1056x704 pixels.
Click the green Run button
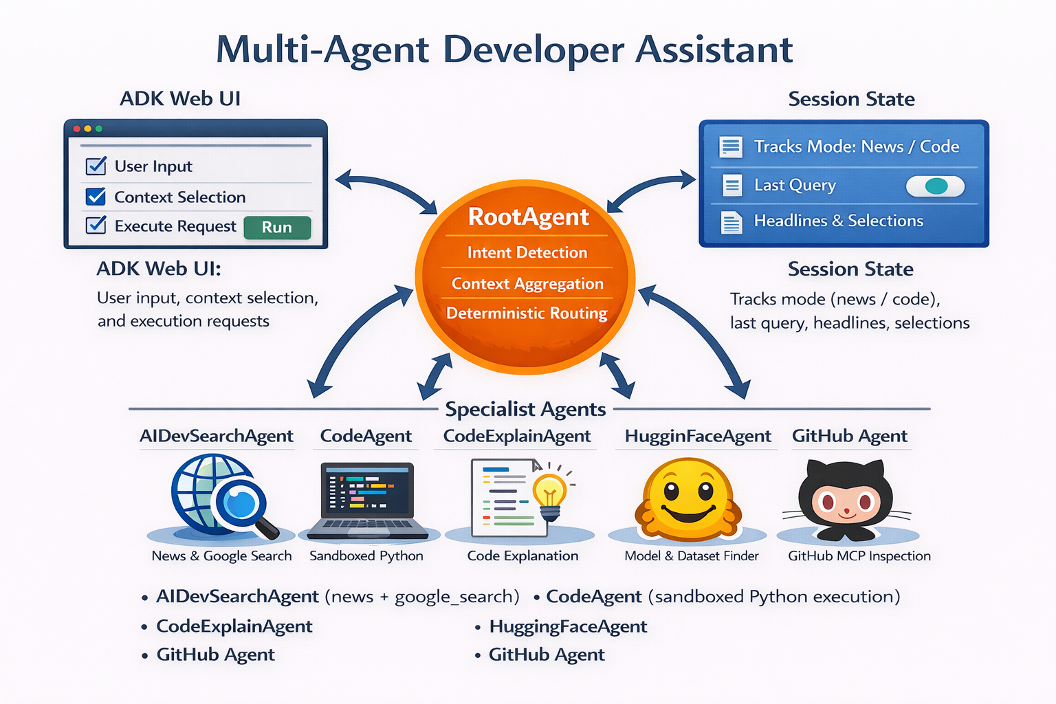coord(277,228)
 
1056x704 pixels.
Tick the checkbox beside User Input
coord(96,166)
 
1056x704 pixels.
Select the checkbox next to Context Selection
coord(96,197)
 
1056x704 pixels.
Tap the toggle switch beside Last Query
coord(935,186)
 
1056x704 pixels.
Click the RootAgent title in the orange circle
coord(528,217)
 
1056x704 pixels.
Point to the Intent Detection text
coord(527,253)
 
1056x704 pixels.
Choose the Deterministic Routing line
coord(527,313)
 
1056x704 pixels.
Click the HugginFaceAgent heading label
coord(697,437)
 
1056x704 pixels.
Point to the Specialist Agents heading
coord(525,410)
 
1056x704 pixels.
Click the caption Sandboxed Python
coord(366,555)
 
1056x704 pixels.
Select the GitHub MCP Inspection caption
coord(859,555)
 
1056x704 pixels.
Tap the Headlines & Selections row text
coord(838,221)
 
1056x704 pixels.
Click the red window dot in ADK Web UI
coord(77,129)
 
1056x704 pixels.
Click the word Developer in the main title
coord(532,49)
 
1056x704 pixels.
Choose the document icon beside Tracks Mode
coord(730,146)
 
